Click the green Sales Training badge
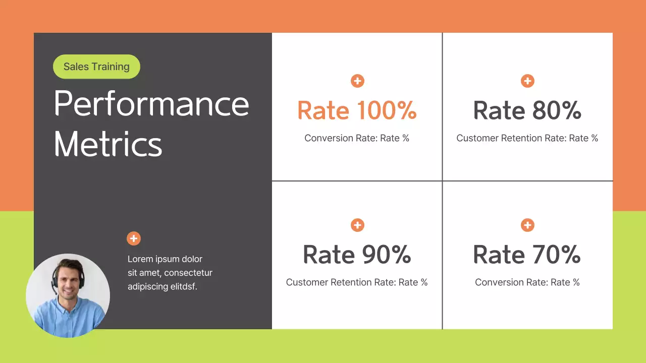[x=96, y=67]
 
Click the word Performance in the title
[x=151, y=103]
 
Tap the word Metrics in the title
[x=108, y=144]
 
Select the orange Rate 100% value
[x=357, y=110]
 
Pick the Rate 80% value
[x=527, y=110]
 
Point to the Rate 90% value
[x=357, y=255]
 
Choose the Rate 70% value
[x=527, y=255]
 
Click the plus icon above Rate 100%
[x=357, y=81]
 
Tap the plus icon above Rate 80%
[x=527, y=81]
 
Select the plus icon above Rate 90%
[x=357, y=225]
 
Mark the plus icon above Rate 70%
[x=527, y=225]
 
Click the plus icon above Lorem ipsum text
[x=134, y=238]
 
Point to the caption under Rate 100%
[x=357, y=138]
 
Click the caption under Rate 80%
[x=527, y=138]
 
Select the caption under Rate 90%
[x=357, y=282]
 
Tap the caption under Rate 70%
[x=527, y=282]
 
